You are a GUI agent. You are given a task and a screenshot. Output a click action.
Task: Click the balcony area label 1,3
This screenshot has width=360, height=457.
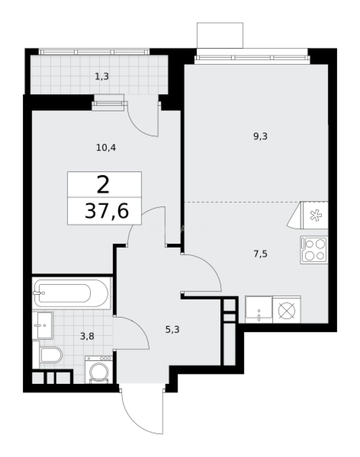tap(102, 77)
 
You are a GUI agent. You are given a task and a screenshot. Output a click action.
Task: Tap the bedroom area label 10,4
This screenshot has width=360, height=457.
tap(106, 148)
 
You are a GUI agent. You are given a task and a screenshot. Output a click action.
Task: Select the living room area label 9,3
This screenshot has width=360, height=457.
tap(260, 136)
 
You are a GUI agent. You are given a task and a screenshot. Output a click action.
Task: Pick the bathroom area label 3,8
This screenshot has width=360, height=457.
tap(87, 336)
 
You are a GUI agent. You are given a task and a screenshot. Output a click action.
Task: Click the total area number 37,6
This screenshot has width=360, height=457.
tap(106, 211)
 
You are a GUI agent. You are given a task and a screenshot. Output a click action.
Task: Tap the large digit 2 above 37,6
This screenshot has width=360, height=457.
tap(103, 184)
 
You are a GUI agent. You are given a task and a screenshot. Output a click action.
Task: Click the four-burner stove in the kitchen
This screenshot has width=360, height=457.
tap(314, 250)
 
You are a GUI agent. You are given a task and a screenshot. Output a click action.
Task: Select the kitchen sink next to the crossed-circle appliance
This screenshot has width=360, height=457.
tap(258, 309)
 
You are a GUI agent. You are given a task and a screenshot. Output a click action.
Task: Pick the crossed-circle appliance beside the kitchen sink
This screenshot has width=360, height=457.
tap(287, 309)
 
